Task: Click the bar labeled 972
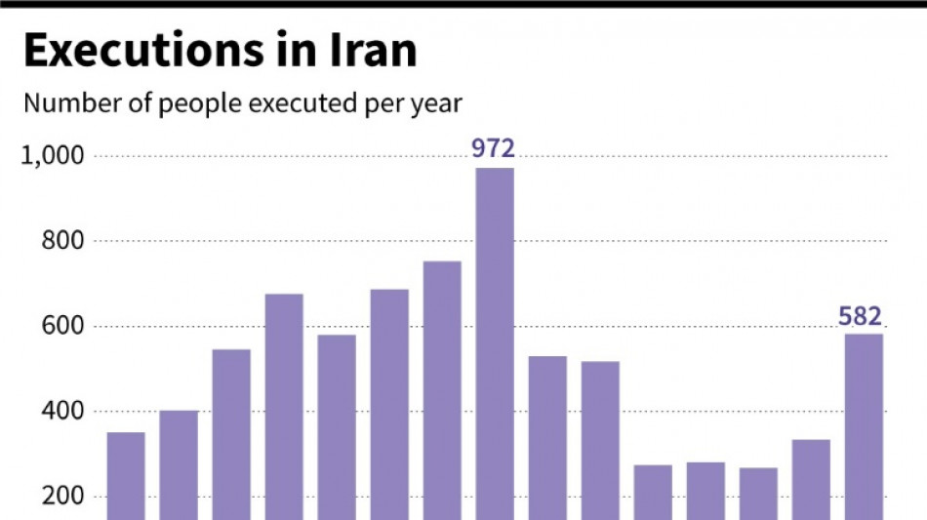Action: (x=495, y=341)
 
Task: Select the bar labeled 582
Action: (x=864, y=425)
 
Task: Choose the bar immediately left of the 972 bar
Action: (x=442, y=390)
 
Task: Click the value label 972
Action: (x=494, y=149)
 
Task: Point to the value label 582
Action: (x=861, y=316)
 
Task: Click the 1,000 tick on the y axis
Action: (x=54, y=156)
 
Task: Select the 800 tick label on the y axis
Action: (x=61, y=241)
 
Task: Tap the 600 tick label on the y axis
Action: (x=61, y=327)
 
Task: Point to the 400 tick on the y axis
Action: (x=61, y=412)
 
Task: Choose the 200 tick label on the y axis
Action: (x=61, y=497)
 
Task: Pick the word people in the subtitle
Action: (x=186, y=104)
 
